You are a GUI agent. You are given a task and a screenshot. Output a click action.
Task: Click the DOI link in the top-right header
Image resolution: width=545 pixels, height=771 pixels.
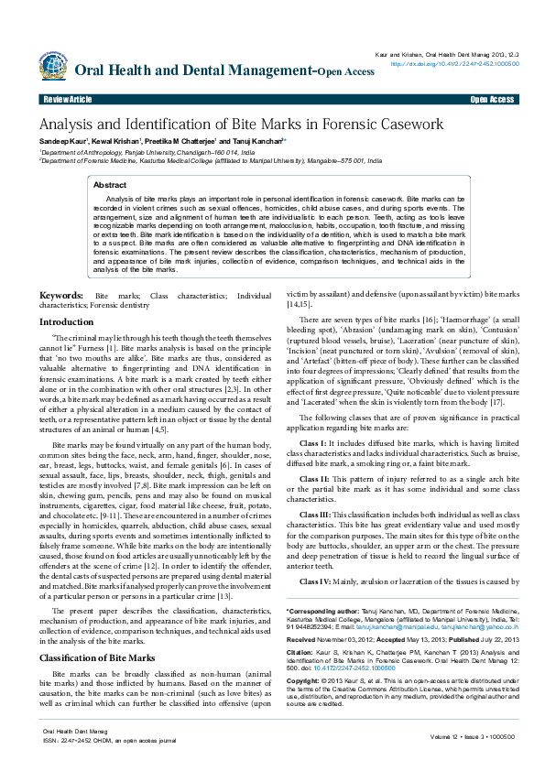pyautogui.click(x=454, y=64)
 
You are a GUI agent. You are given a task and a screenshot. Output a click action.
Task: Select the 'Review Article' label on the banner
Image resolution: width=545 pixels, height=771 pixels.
pyautogui.click(x=67, y=99)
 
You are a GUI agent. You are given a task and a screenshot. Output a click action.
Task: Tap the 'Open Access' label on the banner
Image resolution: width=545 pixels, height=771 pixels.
pyautogui.click(x=492, y=99)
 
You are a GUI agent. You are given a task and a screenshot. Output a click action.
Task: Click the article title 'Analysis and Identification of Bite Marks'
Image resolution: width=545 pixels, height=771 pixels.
pyautogui.click(x=240, y=125)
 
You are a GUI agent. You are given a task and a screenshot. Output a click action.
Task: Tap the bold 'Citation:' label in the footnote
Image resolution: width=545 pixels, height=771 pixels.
pyautogui.click(x=300, y=655)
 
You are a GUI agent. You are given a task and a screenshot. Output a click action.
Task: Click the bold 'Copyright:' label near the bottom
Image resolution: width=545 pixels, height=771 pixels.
pyautogui.click(x=303, y=682)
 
